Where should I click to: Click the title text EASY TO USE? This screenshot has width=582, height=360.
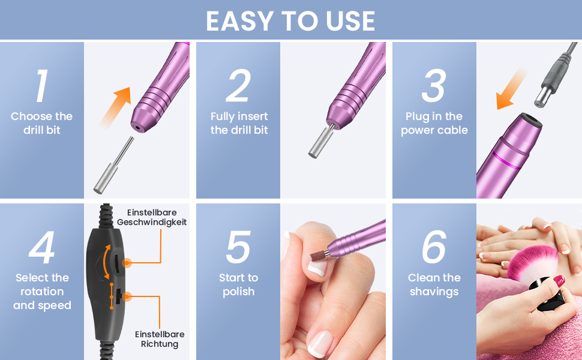tap(290, 21)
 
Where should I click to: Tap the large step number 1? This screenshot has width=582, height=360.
tap(42, 86)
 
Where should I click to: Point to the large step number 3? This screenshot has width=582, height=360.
tap(434, 86)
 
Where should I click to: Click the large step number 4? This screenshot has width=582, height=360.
tap(42, 248)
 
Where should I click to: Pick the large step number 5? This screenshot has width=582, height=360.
tap(238, 248)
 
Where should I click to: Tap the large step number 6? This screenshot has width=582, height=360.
tap(434, 247)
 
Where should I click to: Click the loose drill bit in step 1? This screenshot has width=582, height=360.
tap(113, 165)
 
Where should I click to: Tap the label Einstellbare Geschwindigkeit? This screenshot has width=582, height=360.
tap(152, 217)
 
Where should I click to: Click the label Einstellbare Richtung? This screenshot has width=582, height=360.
tap(160, 339)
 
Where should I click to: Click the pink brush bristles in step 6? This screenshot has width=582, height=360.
tap(533, 263)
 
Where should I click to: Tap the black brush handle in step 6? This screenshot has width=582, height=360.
tap(550, 295)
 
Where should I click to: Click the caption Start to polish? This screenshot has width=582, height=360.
tap(238, 284)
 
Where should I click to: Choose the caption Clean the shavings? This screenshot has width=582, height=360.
tap(434, 284)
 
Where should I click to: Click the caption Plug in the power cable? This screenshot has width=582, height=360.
tap(434, 123)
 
